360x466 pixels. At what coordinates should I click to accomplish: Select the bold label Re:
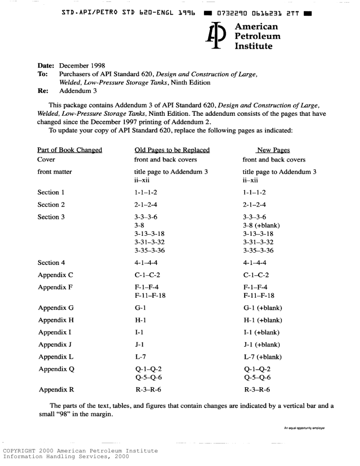[44, 90]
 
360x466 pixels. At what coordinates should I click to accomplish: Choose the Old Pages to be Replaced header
[172, 150]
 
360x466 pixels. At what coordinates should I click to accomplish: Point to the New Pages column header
[272, 150]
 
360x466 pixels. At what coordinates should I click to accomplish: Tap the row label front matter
[54, 172]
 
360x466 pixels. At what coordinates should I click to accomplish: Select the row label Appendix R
[56, 390]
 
